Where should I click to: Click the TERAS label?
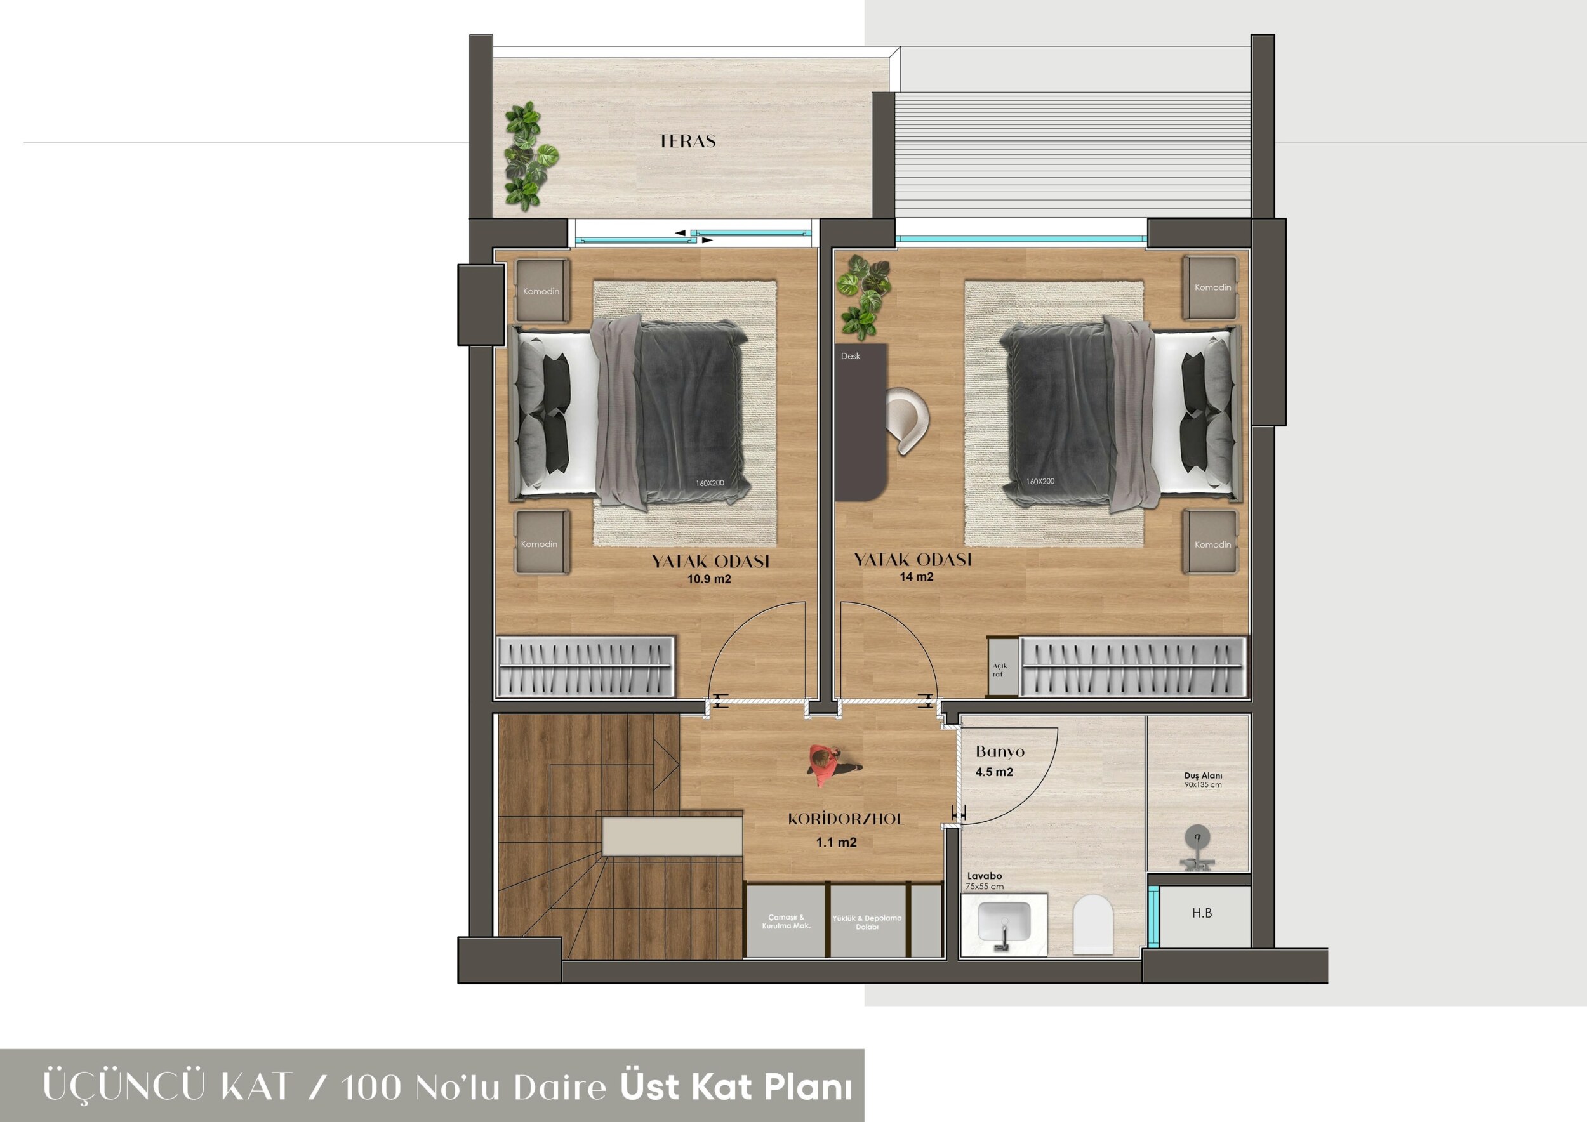[x=687, y=141]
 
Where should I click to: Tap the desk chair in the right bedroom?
[x=908, y=421]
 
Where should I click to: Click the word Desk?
[x=851, y=356]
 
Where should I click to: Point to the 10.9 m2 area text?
[x=708, y=579]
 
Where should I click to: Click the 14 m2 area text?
[x=916, y=577]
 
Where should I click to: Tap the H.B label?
[x=1202, y=913]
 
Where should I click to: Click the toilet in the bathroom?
[x=1092, y=925]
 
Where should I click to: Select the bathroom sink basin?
[x=1004, y=924]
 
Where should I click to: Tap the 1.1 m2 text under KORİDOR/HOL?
[x=837, y=842]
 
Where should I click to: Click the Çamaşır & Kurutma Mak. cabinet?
[x=786, y=921]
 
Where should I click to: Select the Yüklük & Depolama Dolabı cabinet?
[x=868, y=921]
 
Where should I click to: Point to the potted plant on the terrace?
[x=529, y=156]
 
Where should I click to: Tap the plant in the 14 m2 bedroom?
[x=863, y=297]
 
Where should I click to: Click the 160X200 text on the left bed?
[x=710, y=483]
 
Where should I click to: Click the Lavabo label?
[x=985, y=876]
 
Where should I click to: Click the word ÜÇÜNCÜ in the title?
[x=124, y=1086]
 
